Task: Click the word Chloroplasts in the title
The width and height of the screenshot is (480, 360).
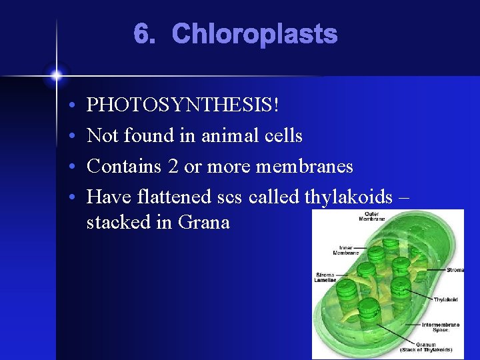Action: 254,35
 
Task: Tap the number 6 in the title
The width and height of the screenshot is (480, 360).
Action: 142,35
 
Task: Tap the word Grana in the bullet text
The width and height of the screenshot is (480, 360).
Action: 204,222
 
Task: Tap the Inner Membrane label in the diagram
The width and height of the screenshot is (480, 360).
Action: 346,250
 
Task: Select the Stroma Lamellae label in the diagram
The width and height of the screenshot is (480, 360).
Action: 326,277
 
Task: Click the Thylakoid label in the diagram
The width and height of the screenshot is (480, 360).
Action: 446,299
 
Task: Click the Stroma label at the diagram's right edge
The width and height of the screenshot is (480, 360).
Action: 455,270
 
